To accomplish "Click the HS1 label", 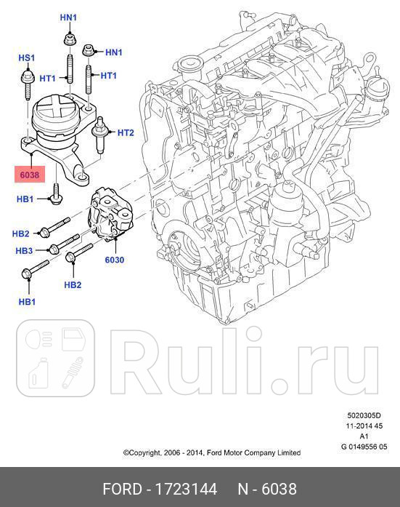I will [x=26, y=57].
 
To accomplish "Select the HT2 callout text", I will [x=126, y=133].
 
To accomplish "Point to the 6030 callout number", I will [x=114, y=260].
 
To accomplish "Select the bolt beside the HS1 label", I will [x=26, y=77].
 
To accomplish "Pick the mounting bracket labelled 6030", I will [x=112, y=215].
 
